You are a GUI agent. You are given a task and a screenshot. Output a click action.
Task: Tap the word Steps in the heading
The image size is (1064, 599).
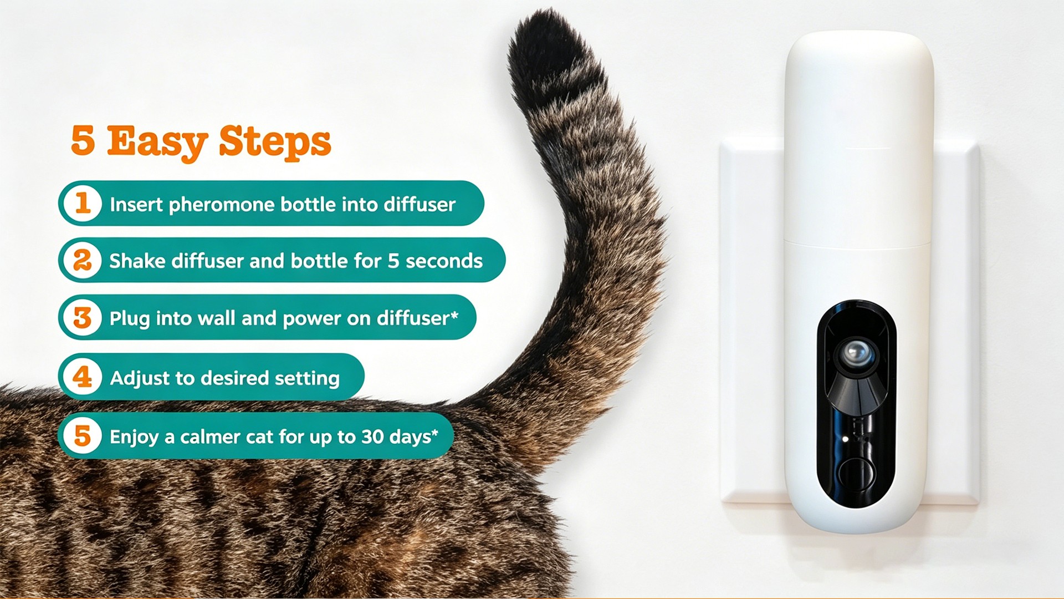275,143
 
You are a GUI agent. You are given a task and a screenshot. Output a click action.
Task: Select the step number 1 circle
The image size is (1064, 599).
83,203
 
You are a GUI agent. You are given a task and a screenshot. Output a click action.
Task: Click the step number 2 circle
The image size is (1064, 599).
83,260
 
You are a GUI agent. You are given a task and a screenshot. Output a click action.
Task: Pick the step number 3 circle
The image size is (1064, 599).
83,318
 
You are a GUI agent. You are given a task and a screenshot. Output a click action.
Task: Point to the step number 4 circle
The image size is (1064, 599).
83,377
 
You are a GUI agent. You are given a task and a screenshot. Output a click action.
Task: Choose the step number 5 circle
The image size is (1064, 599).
83,436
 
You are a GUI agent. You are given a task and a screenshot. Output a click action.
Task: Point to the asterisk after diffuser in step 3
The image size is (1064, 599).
454,314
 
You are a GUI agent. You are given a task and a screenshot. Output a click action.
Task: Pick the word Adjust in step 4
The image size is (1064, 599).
140,379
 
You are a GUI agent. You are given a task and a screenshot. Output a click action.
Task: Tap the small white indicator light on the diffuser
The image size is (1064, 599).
846,439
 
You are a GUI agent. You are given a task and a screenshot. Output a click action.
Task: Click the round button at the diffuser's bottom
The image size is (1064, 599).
857,475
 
